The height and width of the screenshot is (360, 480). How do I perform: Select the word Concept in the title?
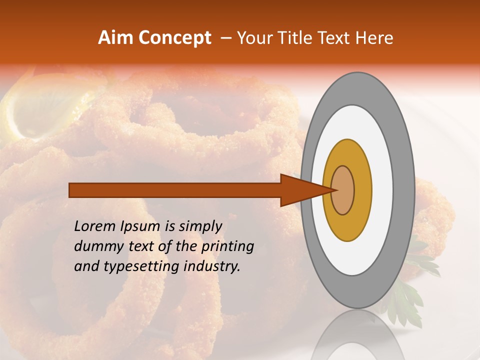point(174,38)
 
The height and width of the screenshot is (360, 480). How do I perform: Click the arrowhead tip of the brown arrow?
point(335,190)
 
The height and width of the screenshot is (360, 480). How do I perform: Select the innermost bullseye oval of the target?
point(343,190)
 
